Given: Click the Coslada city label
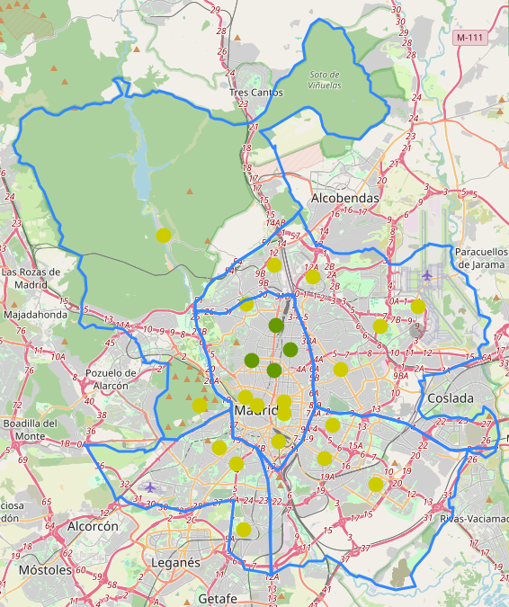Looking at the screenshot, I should pyautogui.click(x=451, y=397).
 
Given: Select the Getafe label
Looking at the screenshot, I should pyautogui.click(x=218, y=598).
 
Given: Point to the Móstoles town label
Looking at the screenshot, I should pyautogui.click(x=45, y=570).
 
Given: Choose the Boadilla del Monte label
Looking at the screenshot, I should pyautogui.click(x=30, y=429).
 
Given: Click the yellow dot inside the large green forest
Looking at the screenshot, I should pyautogui.click(x=163, y=236).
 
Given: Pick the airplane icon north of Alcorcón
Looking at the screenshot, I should pyautogui.click(x=149, y=486).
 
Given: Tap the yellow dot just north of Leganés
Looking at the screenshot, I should pyautogui.click(x=243, y=528).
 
